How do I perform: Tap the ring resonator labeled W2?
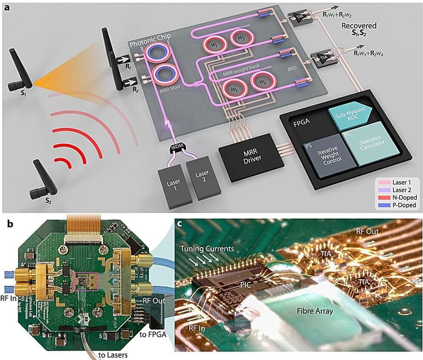click(241, 38)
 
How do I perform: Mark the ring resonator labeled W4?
click(263, 81)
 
